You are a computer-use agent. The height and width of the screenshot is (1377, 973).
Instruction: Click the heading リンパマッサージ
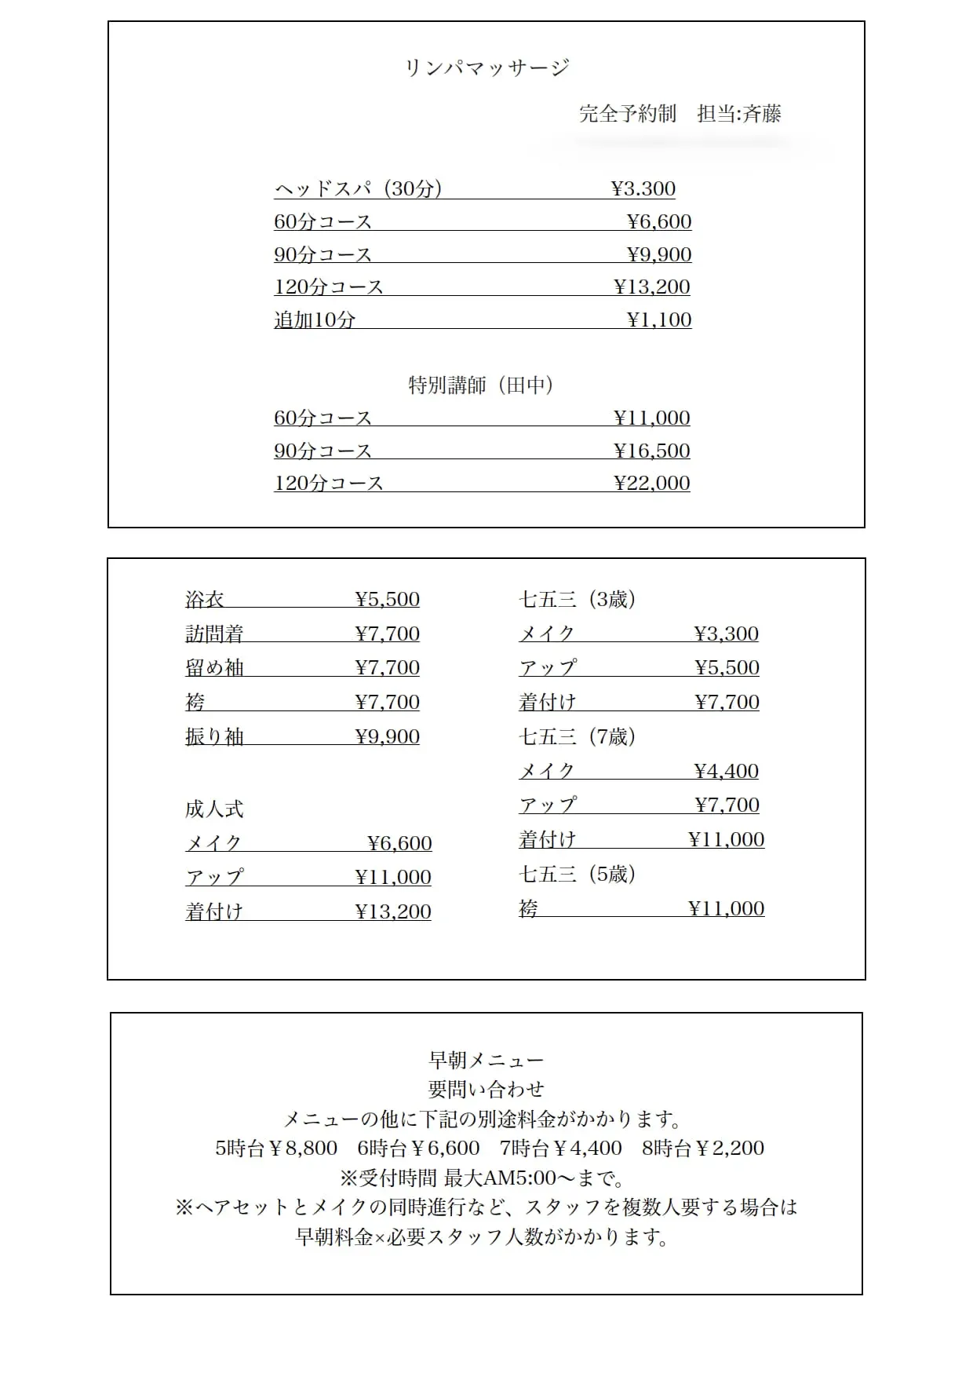point(486,68)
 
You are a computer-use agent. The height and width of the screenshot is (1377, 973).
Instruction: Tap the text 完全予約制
point(627,114)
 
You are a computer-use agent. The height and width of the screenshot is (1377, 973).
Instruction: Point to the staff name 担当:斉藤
point(739,114)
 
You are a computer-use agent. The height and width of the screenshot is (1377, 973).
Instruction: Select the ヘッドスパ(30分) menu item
point(359,189)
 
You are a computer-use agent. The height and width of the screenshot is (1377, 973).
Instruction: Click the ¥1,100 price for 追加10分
point(659,320)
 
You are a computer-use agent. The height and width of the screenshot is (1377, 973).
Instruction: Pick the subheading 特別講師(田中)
point(481,385)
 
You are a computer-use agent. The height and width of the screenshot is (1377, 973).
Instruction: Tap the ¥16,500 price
point(651,451)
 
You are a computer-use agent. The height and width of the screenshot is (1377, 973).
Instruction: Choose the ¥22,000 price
point(651,484)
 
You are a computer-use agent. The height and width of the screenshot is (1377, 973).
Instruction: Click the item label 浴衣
point(205,600)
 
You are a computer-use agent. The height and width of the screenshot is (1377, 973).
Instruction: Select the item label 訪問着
point(214,634)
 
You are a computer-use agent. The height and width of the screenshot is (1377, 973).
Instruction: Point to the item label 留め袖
point(214,668)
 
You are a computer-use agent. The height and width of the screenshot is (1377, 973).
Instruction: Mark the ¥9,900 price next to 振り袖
point(387,737)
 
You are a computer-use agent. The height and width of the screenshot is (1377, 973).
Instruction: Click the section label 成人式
point(214,809)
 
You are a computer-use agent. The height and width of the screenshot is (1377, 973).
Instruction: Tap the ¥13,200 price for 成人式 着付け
point(393,912)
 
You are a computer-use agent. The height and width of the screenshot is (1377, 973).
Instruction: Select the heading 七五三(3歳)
point(577,600)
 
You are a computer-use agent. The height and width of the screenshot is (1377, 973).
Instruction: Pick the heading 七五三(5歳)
point(577,874)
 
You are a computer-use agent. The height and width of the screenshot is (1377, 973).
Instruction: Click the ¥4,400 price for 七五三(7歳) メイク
point(727,772)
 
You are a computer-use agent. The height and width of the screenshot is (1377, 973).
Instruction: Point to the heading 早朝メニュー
point(486,1060)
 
